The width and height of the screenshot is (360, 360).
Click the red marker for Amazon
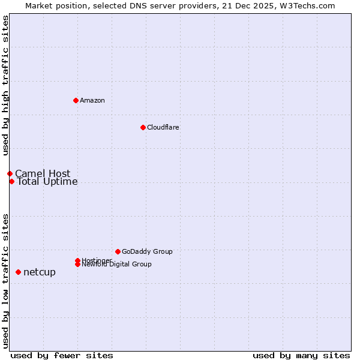tap(76, 100)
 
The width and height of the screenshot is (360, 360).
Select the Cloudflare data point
tap(143, 127)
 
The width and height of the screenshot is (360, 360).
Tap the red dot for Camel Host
tap(10, 173)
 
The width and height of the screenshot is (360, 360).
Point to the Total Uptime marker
tap(11, 181)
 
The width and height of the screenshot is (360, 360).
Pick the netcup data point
tap(18, 272)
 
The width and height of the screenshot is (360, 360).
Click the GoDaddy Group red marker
tap(118, 251)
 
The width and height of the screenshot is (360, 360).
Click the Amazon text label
tap(92, 100)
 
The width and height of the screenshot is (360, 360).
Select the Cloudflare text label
tap(163, 127)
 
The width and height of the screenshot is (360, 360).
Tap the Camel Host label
tap(43, 174)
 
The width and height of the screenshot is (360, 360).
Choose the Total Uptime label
tap(47, 182)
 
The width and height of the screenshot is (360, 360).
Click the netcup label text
tap(40, 272)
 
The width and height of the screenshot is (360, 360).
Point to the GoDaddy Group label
tap(147, 251)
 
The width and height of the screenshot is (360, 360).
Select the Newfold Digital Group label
tap(117, 264)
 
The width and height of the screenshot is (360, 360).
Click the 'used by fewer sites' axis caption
tap(62, 356)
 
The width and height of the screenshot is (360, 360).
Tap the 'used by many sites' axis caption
tap(301, 356)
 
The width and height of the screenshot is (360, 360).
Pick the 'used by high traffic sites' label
tap(5, 86)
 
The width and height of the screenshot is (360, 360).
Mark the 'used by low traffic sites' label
tap(5, 280)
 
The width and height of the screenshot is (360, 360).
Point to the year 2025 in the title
tap(251, 5)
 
